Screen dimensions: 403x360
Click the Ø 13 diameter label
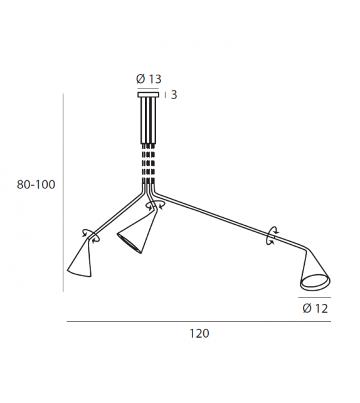point(148,79)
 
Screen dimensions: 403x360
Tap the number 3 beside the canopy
point(174,95)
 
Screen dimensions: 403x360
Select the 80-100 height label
point(36,185)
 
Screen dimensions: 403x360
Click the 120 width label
point(199,333)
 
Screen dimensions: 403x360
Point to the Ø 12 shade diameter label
point(315,308)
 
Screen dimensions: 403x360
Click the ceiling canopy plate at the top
point(149,95)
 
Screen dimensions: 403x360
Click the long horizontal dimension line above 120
point(199,322)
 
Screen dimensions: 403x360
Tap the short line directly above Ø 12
point(315,297)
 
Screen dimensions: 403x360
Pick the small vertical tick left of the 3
point(165,95)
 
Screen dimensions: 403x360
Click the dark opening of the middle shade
point(129,244)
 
